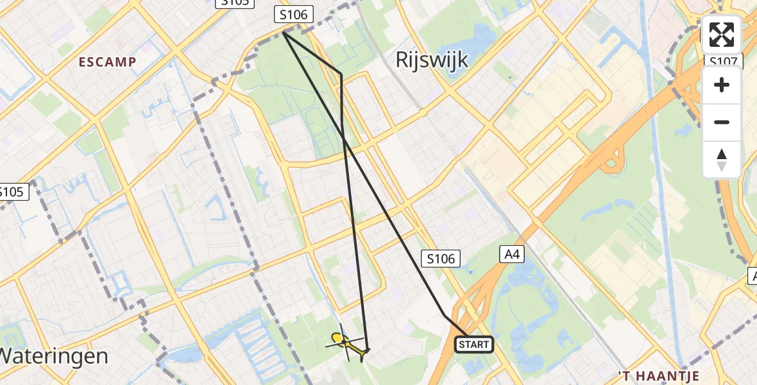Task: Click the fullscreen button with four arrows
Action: (722, 35)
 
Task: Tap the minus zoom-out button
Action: (722, 122)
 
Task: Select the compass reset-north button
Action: (722, 159)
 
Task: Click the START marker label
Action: (474, 345)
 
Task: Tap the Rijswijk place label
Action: (432, 60)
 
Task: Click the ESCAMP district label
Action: (108, 62)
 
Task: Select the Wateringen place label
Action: (54, 356)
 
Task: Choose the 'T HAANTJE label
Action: (658, 376)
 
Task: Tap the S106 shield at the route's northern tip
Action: (293, 14)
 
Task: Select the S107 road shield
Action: (724, 62)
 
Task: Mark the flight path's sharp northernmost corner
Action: (284, 33)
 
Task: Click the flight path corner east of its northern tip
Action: (341, 75)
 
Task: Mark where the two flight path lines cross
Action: (344, 141)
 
